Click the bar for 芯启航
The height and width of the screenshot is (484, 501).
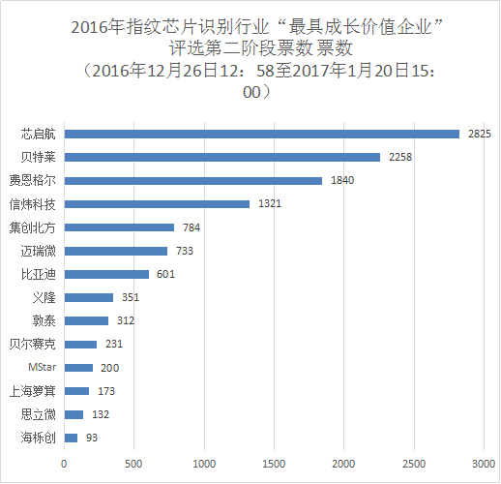point(261,134)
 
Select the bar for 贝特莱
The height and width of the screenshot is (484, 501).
point(221,157)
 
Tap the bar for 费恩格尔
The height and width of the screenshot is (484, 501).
point(192,180)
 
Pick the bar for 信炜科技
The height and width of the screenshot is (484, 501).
point(157,203)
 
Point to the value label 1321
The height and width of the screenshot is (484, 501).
point(269,203)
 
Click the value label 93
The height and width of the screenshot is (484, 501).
point(90,438)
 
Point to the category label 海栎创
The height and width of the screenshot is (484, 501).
point(39,438)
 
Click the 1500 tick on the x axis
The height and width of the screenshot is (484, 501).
point(274,463)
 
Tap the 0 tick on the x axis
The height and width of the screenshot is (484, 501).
point(64,463)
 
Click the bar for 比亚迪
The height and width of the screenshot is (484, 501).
point(106,274)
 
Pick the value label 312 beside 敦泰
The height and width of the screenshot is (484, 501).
point(124,320)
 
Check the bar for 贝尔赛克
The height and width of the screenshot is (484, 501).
point(80,344)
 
